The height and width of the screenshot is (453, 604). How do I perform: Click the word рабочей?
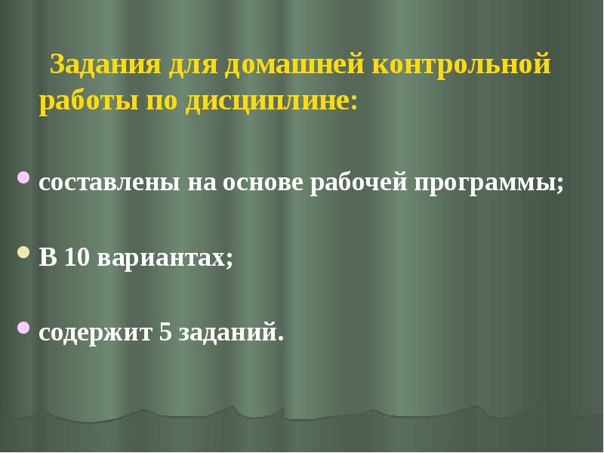[x=358, y=183]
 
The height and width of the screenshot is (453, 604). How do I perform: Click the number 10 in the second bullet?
[x=77, y=257]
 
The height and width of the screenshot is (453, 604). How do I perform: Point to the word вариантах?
[x=164, y=257]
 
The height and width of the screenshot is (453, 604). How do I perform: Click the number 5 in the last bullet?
[x=166, y=331]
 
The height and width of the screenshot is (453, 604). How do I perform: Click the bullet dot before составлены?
[x=23, y=179]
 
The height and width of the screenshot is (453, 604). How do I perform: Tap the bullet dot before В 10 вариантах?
[x=23, y=252]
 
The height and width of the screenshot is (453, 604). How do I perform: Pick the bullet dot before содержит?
[x=23, y=327]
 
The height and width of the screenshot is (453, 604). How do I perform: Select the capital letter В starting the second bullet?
[x=48, y=257]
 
